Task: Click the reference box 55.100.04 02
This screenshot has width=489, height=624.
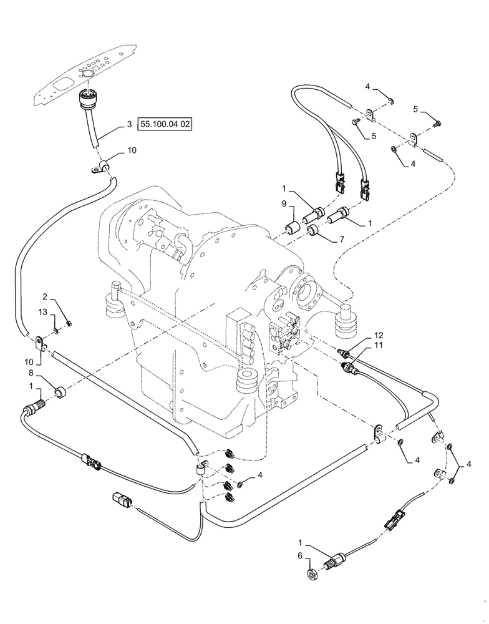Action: [x=165, y=125]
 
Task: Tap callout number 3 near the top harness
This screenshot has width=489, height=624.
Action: [x=129, y=125]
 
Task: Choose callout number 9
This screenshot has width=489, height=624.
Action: [x=283, y=203]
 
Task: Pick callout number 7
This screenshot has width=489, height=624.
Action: [x=341, y=240]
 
